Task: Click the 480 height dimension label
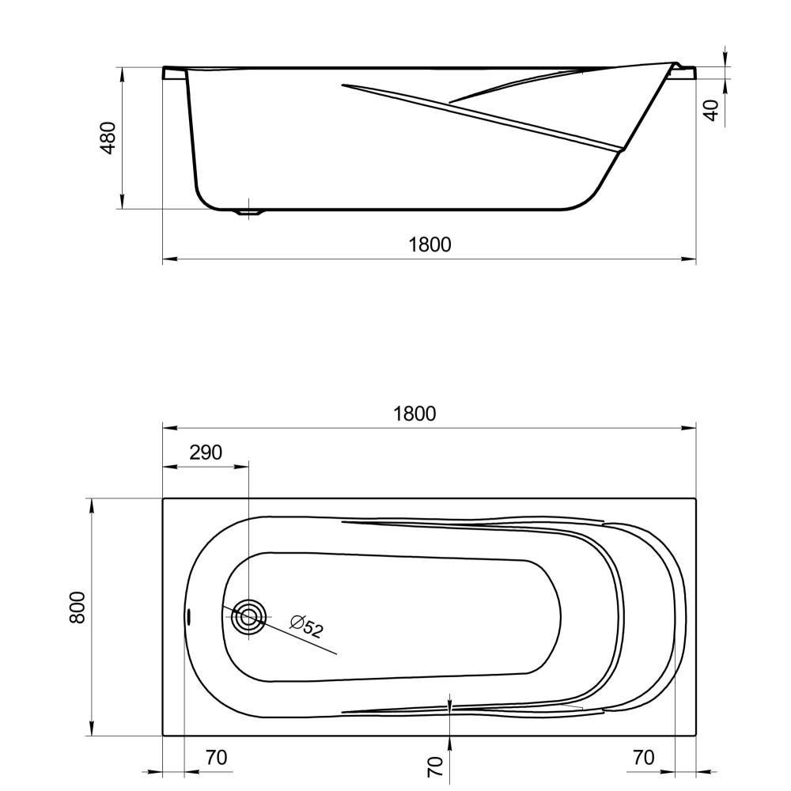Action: (108, 138)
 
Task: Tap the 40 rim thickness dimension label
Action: (711, 110)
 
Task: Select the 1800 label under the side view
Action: (430, 244)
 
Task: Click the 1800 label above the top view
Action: (414, 414)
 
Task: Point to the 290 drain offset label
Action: (206, 452)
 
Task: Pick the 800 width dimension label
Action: (78, 607)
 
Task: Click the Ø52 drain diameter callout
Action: (306, 626)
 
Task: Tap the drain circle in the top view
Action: (248, 616)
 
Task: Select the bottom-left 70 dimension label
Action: (217, 757)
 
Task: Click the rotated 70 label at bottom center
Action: (435, 766)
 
